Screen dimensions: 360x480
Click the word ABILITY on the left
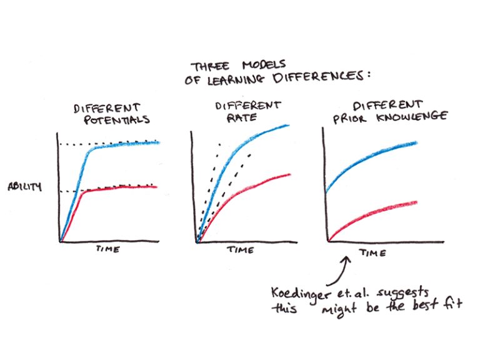pos(24,186)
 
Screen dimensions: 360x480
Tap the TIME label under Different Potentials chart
pos(107,250)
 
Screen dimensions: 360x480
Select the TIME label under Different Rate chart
pos(240,250)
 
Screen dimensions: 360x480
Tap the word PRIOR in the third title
pos(352,116)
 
